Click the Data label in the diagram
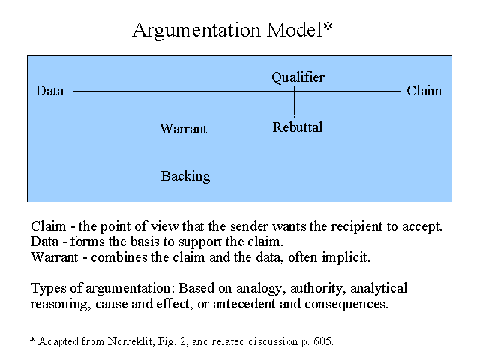(x=50, y=91)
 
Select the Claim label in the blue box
(x=424, y=91)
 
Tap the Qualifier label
(x=298, y=77)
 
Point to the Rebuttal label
(x=298, y=127)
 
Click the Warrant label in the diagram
(x=183, y=129)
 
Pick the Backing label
(x=185, y=176)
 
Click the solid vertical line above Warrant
(x=181, y=105)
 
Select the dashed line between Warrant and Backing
(x=181, y=151)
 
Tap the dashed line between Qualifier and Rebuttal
(x=294, y=102)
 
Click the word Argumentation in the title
(x=196, y=31)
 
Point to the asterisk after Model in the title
(x=328, y=27)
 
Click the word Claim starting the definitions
(x=48, y=226)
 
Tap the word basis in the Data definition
(x=143, y=241)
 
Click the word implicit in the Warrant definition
(x=346, y=257)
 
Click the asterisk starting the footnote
(x=33, y=340)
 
